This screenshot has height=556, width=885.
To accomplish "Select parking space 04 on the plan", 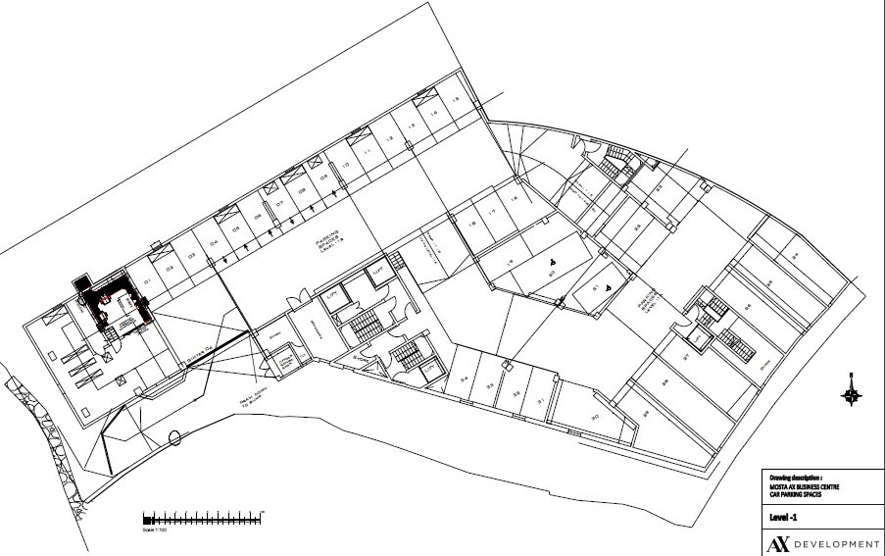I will (x=212, y=246).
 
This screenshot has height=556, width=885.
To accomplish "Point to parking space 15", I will (x=455, y=101).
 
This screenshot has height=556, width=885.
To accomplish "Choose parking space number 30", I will (x=594, y=418).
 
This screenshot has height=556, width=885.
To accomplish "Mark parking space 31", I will (x=539, y=402).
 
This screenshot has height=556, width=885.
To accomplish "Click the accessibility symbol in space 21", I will (x=609, y=286).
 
